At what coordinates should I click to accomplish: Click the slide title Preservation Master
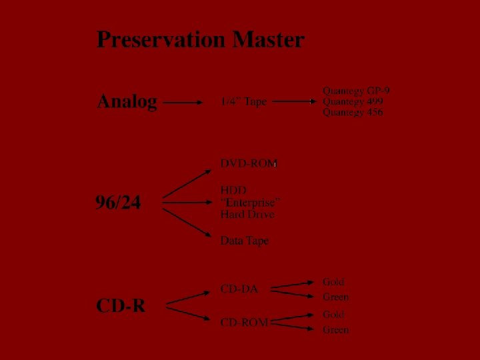coord(200,40)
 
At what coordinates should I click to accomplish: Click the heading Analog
coord(127,102)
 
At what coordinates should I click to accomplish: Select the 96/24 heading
coord(118,202)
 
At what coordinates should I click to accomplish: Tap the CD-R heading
coord(121,306)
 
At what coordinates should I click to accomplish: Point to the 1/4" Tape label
coord(243,102)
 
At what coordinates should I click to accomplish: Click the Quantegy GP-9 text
coord(356,91)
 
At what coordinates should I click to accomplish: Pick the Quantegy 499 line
coord(353,101)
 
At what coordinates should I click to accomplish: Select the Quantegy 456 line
coord(353,113)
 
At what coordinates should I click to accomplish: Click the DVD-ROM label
coord(249,163)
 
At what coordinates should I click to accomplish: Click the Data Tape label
coord(245,241)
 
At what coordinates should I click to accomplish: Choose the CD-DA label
coord(239,289)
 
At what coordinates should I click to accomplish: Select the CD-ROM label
coord(244,323)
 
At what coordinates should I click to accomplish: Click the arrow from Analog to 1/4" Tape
coord(183,103)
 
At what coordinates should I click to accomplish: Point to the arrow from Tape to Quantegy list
coord(294,102)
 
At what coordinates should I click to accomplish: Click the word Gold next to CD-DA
coord(333,283)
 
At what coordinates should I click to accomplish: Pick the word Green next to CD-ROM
coord(335,330)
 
